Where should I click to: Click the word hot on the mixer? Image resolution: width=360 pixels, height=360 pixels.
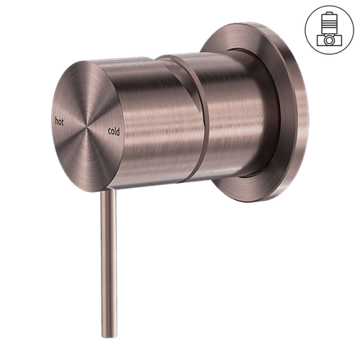(59, 122)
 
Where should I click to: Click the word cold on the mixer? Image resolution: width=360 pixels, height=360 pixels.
(114, 131)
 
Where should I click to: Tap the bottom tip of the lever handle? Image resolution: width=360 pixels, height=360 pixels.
(109, 336)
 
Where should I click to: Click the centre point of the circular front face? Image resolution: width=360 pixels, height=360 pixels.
(86, 126)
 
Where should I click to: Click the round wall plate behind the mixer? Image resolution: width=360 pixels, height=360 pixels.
(283, 113)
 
